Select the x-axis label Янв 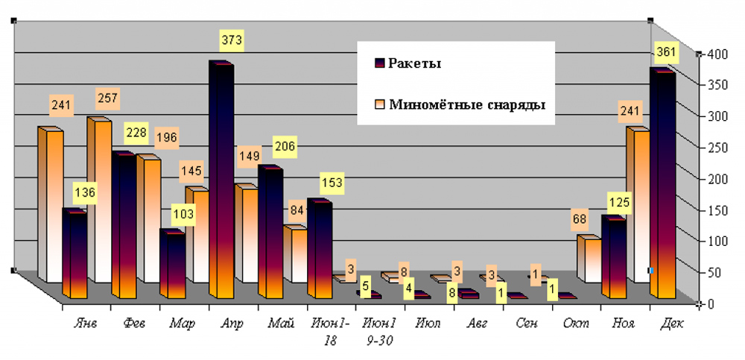click(86, 324)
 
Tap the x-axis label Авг click(478, 324)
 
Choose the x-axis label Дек click(672, 324)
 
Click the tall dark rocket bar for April click(221, 179)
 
